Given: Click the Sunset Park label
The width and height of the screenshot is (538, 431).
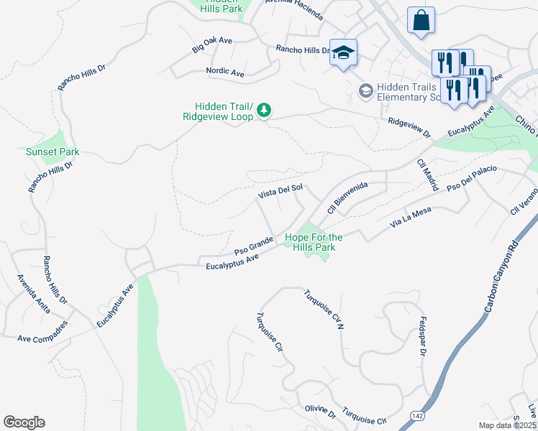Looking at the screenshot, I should coord(53,152).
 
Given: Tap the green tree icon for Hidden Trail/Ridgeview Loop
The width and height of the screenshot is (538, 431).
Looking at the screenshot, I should coord(265,109).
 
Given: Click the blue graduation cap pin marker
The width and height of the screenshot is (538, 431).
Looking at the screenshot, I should coord(344,52).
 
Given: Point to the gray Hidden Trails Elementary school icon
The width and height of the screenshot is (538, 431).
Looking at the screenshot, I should coord(366,91).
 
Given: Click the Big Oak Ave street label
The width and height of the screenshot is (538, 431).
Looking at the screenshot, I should coord(212,45).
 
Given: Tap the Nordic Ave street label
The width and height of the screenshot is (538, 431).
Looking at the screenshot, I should coord(225,73).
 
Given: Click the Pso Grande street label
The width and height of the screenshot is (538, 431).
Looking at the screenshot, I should coord(253,245).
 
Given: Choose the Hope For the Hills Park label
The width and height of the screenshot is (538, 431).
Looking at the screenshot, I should coord(314,242).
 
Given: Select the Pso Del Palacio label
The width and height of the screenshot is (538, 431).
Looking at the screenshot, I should coord(473,179).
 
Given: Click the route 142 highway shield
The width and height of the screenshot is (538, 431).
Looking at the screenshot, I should coord(417,416).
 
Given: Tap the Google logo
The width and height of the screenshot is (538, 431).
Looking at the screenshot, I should coord(24,422).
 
